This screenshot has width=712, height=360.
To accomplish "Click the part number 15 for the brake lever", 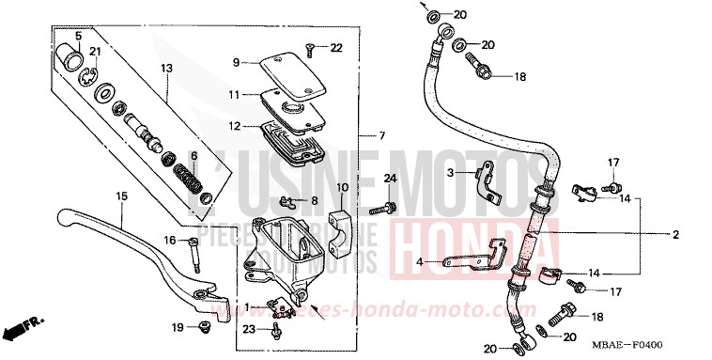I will (x=121, y=196).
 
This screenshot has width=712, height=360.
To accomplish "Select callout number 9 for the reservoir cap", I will (x=238, y=62).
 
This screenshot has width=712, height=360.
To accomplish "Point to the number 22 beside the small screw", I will (x=336, y=48).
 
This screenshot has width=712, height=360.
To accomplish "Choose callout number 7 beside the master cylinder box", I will (x=382, y=136).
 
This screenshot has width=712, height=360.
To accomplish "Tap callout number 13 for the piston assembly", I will (x=166, y=68).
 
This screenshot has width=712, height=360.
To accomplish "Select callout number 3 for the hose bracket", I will (x=451, y=173).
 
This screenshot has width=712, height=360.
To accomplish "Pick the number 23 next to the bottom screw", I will (x=248, y=329).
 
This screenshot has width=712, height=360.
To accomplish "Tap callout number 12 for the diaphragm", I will (x=235, y=125).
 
